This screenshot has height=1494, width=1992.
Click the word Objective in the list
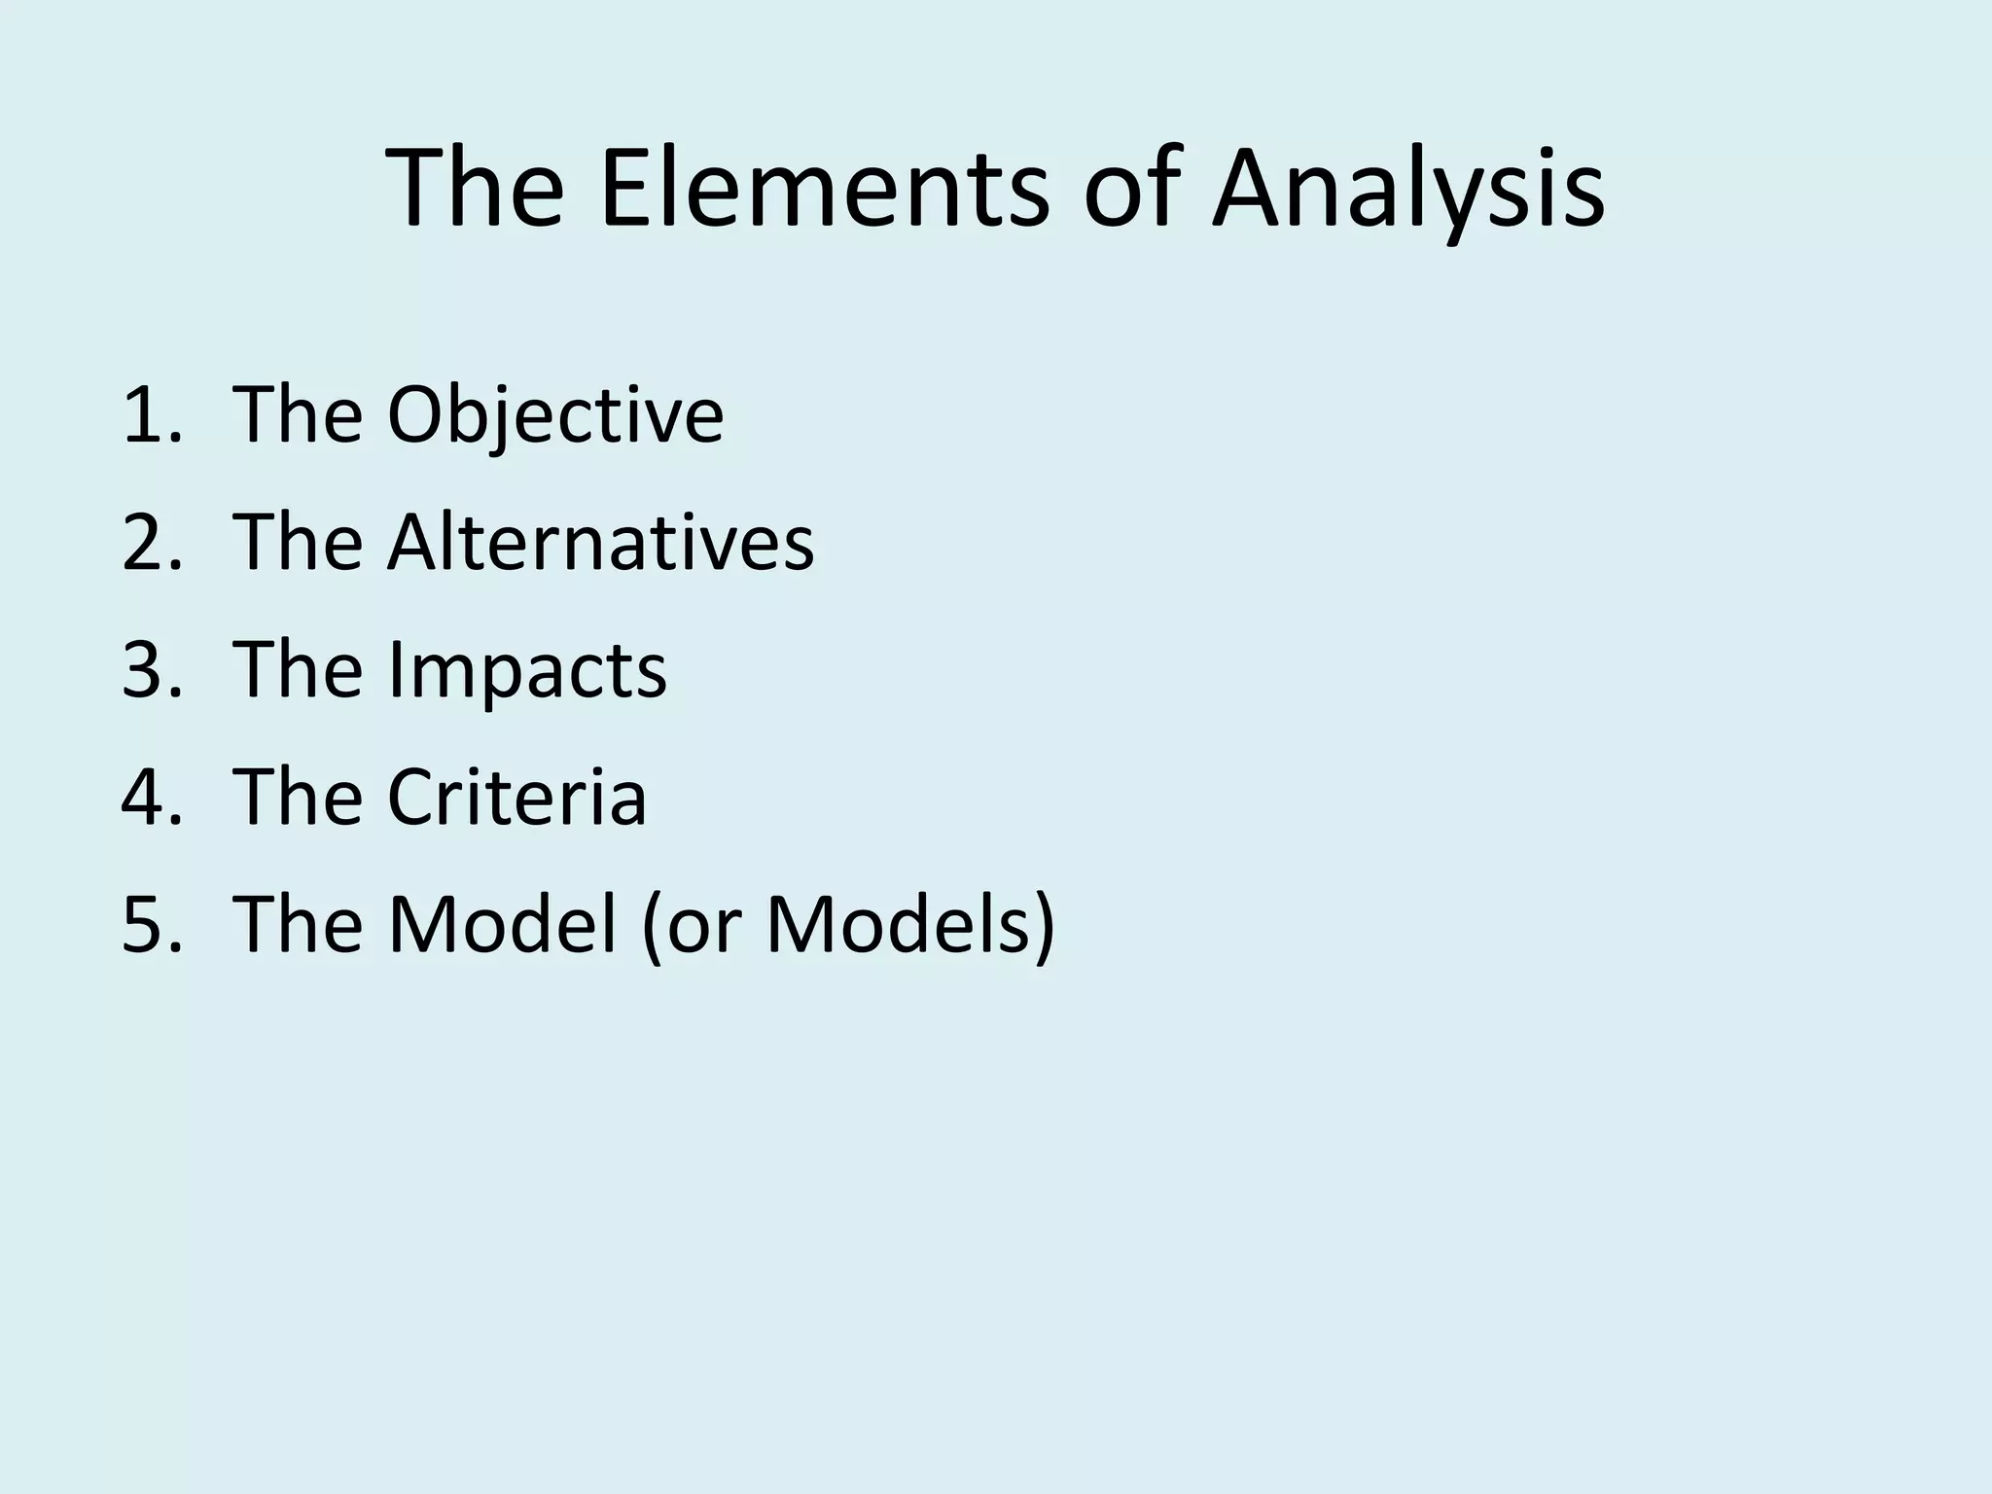pyautogui.click(x=555, y=415)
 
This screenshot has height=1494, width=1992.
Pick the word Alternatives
pyautogui.click(x=600, y=542)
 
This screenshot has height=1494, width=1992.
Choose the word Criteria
pyautogui.click(x=516, y=797)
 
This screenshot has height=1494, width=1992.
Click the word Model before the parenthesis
pyautogui.click(x=502, y=923)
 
